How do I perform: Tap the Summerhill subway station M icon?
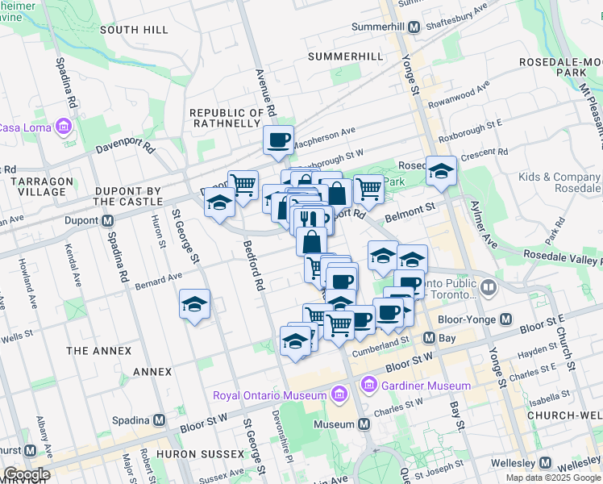(414, 27)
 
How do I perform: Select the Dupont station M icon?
(108, 221)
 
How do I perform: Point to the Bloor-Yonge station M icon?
(505, 319)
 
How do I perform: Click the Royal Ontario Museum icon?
(339, 394)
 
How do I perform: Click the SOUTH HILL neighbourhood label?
(134, 30)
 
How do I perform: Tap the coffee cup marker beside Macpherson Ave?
(278, 141)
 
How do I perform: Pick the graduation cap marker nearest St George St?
(194, 305)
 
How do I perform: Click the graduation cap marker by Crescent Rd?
(441, 171)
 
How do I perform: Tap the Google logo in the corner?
(27, 474)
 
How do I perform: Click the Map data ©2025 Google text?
(552, 478)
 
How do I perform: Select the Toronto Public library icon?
(489, 287)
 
